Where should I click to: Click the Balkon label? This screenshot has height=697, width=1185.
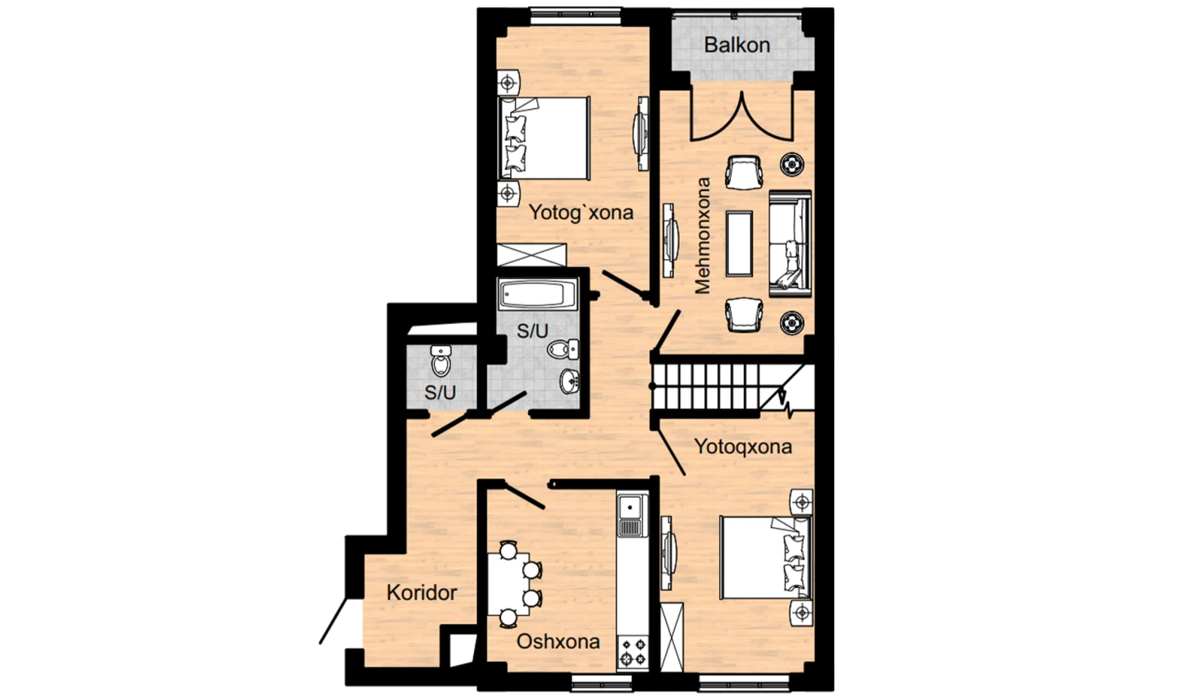pyautogui.click(x=736, y=45)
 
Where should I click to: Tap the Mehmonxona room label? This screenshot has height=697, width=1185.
pyautogui.click(x=702, y=235)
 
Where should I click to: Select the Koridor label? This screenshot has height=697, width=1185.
pyautogui.click(x=422, y=592)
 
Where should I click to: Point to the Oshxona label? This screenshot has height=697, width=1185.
pyautogui.click(x=558, y=641)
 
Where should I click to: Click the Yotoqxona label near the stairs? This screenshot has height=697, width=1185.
pyautogui.click(x=743, y=447)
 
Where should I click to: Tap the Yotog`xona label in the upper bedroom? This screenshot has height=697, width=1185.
pyautogui.click(x=581, y=212)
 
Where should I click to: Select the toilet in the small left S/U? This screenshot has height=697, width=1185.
pyautogui.click(x=440, y=360)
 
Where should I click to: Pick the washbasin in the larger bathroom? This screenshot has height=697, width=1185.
pyautogui.click(x=570, y=380)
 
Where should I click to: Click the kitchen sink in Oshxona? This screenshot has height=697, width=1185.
pyautogui.click(x=631, y=514)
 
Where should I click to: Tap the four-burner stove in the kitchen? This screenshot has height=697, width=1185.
pyautogui.click(x=633, y=652)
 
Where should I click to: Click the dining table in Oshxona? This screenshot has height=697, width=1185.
pyautogui.click(x=508, y=584)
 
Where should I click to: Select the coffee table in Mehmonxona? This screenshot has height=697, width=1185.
pyautogui.click(x=739, y=244)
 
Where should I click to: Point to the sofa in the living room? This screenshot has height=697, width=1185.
pyautogui.click(x=790, y=244)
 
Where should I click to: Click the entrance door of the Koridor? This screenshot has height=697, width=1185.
pyautogui.click(x=334, y=620)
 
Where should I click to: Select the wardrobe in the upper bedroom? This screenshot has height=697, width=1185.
pyautogui.click(x=531, y=255)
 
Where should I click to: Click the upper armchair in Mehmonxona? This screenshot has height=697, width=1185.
pyautogui.click(x=745, y=172)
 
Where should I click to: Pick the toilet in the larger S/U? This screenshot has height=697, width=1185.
pyautogui.click(x=563, y=348)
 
